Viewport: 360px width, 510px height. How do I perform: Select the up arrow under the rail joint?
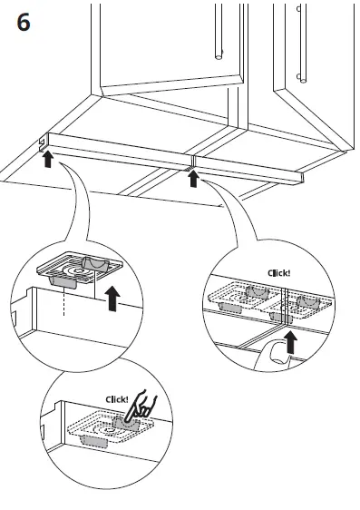click(192, 178)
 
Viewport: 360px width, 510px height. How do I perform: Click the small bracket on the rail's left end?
click(44, 144)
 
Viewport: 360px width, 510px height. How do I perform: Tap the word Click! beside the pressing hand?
click(118, 398)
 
